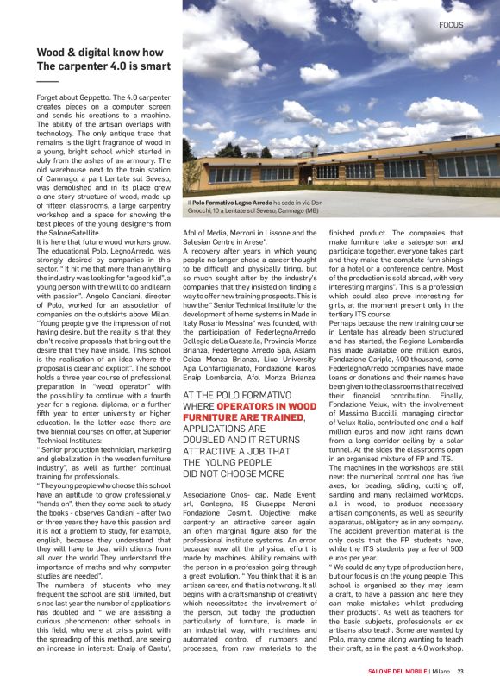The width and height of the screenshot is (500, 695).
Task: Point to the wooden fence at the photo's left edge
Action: tap(187, 177)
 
